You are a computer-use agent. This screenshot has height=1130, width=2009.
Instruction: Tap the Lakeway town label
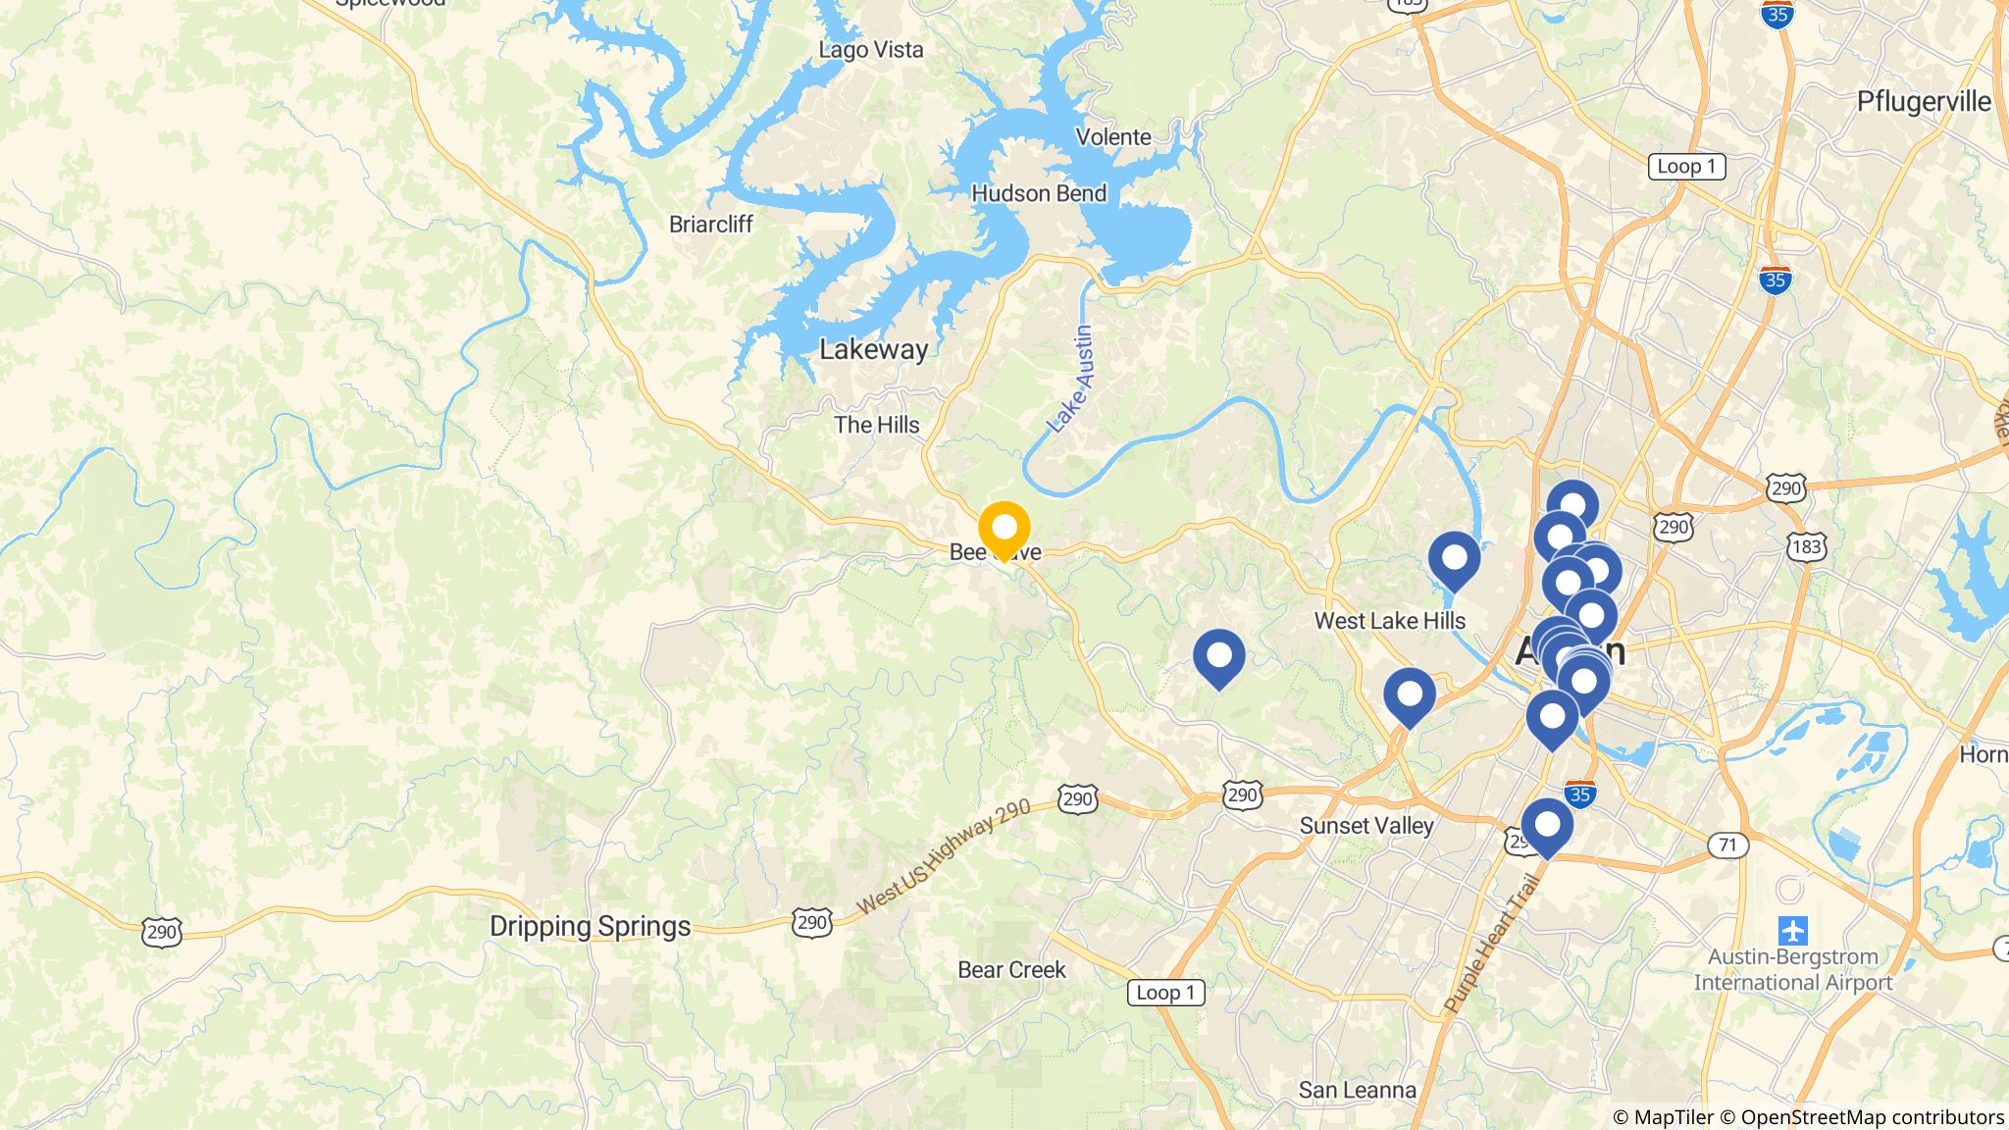(873, 349)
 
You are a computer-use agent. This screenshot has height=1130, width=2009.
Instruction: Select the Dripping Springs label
(590, 926)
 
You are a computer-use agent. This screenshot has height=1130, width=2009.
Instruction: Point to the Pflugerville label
(1924, 102)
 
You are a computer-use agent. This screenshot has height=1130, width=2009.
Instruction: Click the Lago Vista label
(871, 50)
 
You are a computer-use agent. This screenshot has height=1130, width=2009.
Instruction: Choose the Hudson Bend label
(1039, 193)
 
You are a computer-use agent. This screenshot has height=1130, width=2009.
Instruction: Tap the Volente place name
(1113, 137)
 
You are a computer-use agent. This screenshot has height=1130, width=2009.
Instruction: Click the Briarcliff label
(710, 225)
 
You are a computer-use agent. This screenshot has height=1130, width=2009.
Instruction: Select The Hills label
(877, 425)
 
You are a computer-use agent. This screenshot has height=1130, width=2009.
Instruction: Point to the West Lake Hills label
(1389, 621)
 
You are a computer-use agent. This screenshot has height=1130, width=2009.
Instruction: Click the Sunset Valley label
(1366, 826)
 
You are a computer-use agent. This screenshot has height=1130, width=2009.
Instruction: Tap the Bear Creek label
(1011, 970)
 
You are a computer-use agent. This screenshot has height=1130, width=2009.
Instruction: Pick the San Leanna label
(1357, 1090)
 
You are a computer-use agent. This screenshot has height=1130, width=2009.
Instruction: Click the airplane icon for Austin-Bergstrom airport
(1792, 929)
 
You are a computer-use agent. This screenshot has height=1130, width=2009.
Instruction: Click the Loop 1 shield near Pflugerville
(1686, 166)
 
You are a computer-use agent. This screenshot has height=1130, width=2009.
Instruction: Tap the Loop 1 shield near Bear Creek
(1165, 993)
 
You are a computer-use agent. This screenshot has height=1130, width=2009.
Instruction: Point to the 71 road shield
(1727, 845)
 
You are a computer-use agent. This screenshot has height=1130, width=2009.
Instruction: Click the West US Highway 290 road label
(944, 856)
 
